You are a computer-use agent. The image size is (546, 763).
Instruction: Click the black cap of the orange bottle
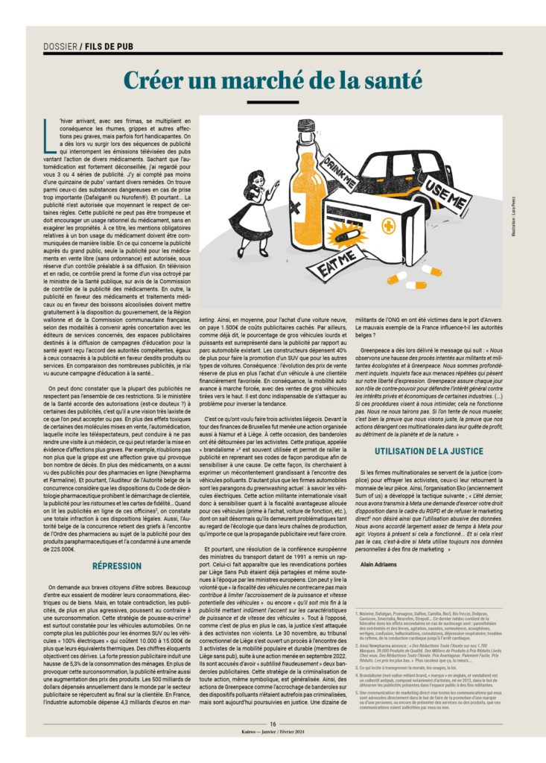[305, 127]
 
